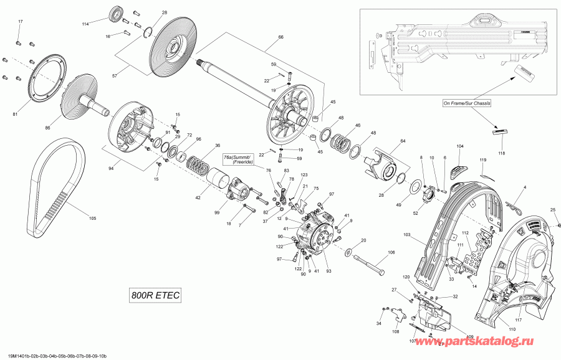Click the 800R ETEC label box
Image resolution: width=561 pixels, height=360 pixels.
[x=155, y=296]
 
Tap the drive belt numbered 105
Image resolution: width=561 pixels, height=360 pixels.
[x=56, y=181]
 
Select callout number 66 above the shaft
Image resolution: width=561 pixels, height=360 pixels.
[x=280, y=37]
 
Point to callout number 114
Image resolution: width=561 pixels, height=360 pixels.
[x=86, y=24]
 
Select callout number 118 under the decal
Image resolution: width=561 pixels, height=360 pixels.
[x=502, y=153]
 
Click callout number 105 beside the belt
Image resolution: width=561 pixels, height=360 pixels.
[x=93, y=218]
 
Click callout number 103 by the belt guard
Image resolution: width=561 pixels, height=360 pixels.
[x=408, y=235]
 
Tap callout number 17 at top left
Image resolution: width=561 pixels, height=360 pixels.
[x=19, y=22]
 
